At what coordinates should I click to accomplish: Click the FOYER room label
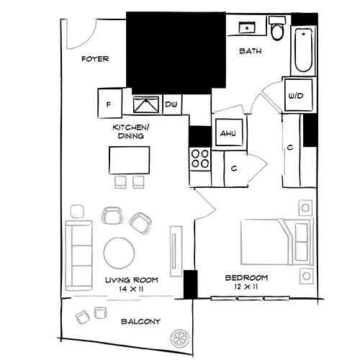(x=95, y=59)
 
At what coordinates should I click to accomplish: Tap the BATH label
(x=251, y=51)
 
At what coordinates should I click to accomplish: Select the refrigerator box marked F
(x=109, y=104)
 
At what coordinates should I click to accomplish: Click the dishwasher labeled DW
(x=171, y=105)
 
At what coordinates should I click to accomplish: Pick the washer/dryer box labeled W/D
(x=295, y=96)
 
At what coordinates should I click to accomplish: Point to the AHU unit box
(x=228, y=133)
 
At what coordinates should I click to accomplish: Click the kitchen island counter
(x=130, y=157)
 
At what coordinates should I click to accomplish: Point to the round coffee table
(x=120, y=253)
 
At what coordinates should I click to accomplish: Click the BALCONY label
(x=140, y=321)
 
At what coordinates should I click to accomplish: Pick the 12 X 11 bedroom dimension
(x=246, y=287)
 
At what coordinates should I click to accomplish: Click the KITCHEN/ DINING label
(x=130, y=131)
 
